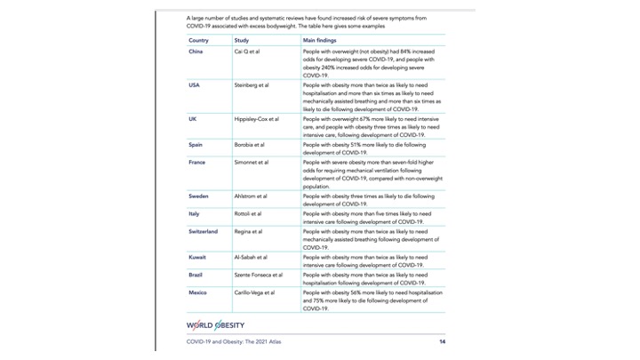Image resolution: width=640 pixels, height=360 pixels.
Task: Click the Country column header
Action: (198, 41)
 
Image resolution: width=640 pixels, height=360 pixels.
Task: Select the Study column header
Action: (241, 41)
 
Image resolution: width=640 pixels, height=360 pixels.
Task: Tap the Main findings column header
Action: (320, 41)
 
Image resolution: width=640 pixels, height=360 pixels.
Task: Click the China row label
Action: (196, 52)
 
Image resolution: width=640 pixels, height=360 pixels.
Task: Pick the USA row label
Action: (194, 84)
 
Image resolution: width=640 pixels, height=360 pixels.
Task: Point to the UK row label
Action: (193, 117)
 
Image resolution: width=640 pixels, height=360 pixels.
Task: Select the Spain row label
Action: (196, 144)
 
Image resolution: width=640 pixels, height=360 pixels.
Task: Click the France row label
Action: (197, 163)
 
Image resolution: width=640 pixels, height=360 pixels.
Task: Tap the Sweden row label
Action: (199, 196)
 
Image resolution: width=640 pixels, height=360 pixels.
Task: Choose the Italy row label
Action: (194, 214)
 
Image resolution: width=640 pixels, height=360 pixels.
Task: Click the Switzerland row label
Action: (203, 231)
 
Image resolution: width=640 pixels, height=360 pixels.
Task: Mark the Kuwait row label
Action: (198, 257)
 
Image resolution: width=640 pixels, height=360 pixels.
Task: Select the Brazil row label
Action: (196, 275)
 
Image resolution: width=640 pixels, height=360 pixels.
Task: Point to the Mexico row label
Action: (198, 292)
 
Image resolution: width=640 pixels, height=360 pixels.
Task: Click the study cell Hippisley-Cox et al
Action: (256, 117)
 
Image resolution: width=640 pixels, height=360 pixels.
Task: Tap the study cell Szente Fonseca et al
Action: (258, 275)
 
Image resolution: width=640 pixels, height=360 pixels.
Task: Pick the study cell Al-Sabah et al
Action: (250, 257)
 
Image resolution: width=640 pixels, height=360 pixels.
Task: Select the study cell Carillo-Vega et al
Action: (254, 292)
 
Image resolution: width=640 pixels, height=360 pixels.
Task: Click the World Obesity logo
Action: (215, 324)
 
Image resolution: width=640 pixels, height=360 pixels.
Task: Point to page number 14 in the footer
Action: (442, 341)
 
